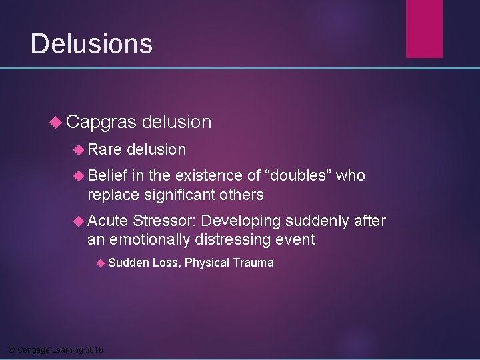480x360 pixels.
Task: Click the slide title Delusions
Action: tap(91, 44)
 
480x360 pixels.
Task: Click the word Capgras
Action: tap(101, 122)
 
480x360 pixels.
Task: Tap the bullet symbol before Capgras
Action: tap(56, 123)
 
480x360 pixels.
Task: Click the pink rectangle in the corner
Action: tap(424, 28)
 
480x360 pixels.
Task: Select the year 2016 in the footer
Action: tap(94, 350)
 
